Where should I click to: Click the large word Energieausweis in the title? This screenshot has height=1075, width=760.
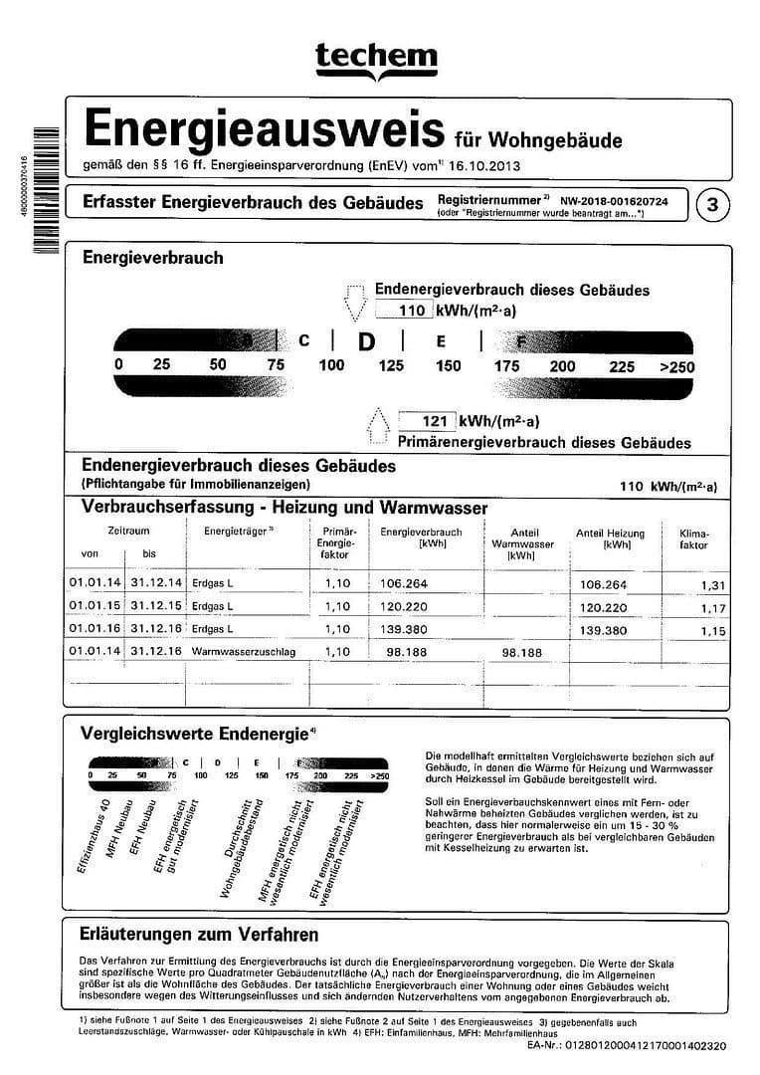(x=263, y=129)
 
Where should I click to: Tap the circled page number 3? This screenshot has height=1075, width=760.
(x=712, y=205)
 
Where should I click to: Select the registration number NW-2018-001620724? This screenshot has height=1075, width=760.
(x=614, y=201)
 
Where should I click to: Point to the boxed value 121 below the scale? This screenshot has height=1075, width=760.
(x=428, y=421)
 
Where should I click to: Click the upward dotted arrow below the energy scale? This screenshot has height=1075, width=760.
(x=378, y=427)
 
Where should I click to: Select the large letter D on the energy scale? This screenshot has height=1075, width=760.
(x=366, y=341)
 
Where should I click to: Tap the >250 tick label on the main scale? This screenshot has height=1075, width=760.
(x=676, y=367)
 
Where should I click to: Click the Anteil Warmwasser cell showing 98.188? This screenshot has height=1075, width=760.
(x=521, y=653)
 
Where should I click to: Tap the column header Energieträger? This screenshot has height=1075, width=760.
(x=238, y=533)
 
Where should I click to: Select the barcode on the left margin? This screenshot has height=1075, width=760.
(x=39, y=194)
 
